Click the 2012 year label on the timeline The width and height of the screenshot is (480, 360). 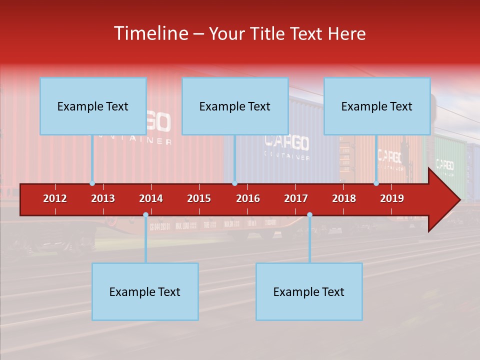55,198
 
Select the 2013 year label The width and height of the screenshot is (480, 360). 103,198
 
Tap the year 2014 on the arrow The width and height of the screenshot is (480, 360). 151,198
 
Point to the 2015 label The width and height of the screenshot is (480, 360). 199,198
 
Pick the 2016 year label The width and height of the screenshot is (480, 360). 248,198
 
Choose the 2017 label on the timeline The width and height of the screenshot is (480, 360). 296,198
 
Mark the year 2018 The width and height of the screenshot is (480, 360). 344,198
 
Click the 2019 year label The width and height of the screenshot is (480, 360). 392,198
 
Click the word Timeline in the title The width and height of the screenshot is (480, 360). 150,33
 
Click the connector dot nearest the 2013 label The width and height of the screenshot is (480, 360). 92,183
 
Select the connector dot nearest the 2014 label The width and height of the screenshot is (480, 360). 145,215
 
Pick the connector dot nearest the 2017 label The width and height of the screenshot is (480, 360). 309,215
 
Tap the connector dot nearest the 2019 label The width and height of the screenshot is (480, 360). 376,183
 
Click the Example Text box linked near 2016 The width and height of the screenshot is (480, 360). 235,106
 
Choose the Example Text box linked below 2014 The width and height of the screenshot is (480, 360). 145,291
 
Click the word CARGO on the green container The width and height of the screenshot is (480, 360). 445,164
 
